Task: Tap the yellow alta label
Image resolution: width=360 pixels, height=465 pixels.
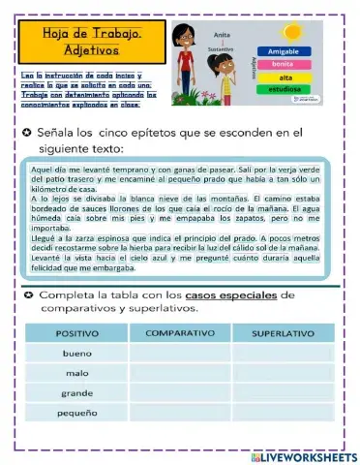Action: point(285,77)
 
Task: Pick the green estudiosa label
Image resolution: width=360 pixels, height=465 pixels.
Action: point(285,90)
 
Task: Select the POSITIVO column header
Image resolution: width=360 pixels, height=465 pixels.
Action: point(77,333)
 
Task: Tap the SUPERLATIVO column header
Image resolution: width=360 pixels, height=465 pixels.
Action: point(283,333)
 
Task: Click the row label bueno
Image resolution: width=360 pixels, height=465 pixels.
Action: point(78,354)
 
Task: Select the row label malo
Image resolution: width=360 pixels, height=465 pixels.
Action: point(78,373)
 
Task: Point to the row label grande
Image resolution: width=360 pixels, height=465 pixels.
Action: point(78,393)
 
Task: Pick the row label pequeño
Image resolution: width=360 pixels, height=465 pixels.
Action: point(78,413)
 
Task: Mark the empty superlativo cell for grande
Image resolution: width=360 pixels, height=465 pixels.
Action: point(283,393)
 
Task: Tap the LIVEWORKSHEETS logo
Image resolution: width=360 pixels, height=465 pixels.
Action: point(302,455)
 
